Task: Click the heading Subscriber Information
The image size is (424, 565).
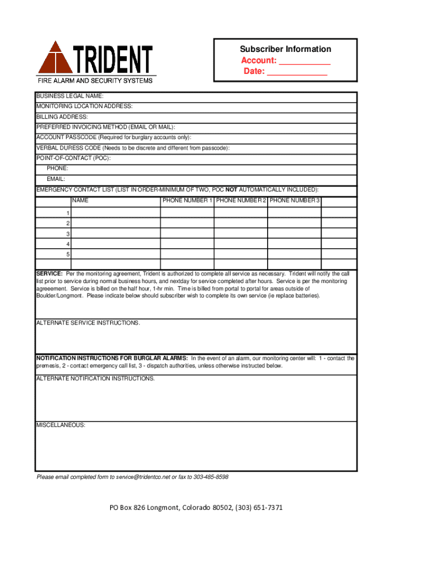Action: (x=285, y=49)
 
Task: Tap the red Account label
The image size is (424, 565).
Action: (x=258, y=60)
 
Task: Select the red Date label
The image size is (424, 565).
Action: (x=254, y=71)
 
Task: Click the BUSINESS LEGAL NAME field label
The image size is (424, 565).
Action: (x=70, y=97)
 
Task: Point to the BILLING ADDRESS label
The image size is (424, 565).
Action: (x=62, y=117)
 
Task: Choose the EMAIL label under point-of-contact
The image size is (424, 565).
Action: (x=56, y=179)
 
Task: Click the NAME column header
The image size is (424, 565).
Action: (x=80, y=200)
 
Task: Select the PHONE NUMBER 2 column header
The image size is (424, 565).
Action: (x=241, y=200)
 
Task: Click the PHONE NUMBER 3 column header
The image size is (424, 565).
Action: (x=295, y=200)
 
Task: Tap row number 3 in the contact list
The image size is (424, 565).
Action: (x=68, y=234)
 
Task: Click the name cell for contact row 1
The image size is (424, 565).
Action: (x=116, y=213)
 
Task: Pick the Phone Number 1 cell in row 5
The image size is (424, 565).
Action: (x=187, y=254)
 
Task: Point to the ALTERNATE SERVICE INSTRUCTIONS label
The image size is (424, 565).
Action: (x=88, y=323)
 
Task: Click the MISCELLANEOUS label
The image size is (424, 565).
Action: (x=61, y=425)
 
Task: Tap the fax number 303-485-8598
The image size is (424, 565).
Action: (x=211, y=477)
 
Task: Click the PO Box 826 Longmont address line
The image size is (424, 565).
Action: (x=196, y=508)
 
